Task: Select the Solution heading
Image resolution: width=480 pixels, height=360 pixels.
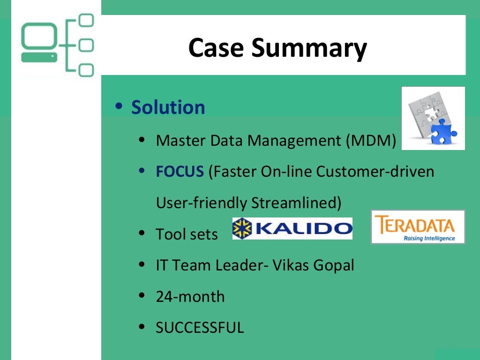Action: [168, 107]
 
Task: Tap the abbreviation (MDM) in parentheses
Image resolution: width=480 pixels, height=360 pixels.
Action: [371, 140]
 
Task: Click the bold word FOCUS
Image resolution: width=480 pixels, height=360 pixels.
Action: [180, 172]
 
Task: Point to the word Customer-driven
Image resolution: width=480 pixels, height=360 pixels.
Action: [375, 172]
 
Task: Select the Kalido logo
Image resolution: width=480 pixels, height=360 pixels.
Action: [292, 228]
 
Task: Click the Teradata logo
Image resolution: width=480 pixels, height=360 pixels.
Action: [418, 227]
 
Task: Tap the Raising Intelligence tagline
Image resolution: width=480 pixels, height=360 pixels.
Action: [429, 238]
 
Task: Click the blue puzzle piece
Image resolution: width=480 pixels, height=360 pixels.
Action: [443, 131]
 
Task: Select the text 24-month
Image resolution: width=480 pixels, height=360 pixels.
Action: [190, 297]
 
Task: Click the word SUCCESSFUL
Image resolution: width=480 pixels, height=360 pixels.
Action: [200, 328]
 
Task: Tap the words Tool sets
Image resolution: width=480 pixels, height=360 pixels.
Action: [187, 234]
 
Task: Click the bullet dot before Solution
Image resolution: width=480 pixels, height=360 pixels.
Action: [120, 107]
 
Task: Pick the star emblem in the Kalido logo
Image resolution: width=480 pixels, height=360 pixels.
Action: [242, 228]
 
